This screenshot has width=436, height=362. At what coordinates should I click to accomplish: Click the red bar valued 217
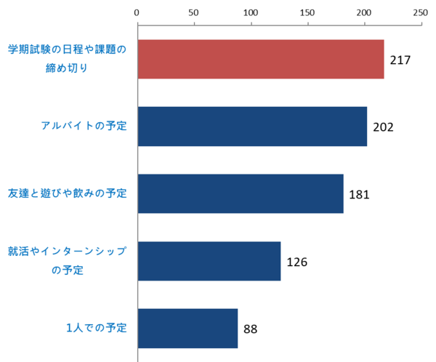[260, 59]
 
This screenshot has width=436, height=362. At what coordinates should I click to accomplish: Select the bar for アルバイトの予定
[251, 126]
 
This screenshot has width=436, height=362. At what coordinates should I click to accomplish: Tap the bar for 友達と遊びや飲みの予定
[240, 194]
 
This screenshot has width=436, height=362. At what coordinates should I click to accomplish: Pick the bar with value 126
[209, 261]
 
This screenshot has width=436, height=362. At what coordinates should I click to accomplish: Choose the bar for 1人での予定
[187, 329]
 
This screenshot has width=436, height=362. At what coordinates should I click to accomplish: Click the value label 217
[400, 60]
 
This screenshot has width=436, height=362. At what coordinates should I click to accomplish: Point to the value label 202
[383, 127]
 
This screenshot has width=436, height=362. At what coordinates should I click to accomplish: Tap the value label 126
[297, 262]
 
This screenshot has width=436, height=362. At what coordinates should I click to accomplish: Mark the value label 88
[251, 329]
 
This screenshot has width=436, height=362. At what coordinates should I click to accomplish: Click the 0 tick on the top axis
[137, 12]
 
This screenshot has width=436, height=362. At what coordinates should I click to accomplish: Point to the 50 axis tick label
[193, 12]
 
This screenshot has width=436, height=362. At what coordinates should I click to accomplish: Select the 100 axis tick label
[250, 12]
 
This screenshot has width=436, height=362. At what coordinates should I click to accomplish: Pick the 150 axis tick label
[307, 12]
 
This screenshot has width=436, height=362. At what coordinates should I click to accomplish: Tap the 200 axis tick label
[363, 12]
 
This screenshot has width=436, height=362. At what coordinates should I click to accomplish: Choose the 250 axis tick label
[419, 12]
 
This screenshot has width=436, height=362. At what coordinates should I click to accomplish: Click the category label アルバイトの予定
[84, 126]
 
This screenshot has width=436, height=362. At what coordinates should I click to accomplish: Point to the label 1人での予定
[97, 328]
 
